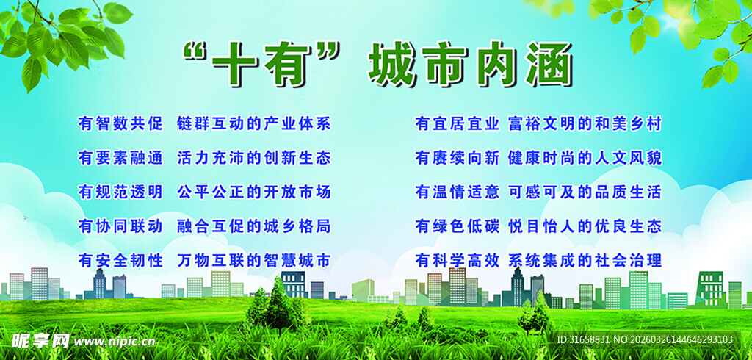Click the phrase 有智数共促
[120, 123]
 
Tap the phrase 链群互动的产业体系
[254, 123]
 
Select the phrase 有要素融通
[120, 157]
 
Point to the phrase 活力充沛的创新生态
[254, 157]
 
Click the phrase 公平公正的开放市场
[254, 192]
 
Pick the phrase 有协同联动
[120, 226]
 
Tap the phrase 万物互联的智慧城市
[254, 260]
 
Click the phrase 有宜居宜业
[457, 123]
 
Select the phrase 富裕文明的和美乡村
[585, 123]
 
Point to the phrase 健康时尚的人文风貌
[585, 157]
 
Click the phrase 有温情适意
[457, 192]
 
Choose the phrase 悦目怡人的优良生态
[585, 226]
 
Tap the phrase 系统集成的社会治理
[585, 260]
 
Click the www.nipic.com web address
[115, 341]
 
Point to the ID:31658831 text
[584, 340]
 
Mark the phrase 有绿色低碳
[457, 226]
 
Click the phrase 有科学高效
[457, 260]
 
